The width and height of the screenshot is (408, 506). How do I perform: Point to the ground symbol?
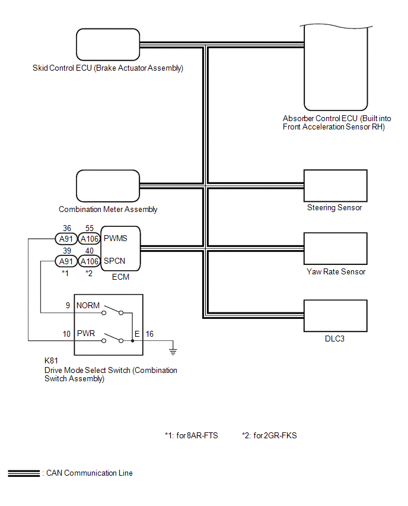pos(173,352)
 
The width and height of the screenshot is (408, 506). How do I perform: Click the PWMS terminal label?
pos(116,239)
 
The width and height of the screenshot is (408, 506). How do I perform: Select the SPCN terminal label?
pos(114,261)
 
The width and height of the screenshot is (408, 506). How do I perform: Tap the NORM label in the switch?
pos(88,305)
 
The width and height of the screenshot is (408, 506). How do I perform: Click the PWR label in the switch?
pos(86,333)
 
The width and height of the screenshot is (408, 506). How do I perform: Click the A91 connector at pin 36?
pos(66,239)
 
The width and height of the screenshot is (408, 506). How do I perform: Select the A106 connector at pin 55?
pos(90,239)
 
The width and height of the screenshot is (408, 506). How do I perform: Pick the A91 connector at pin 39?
pos(66,261)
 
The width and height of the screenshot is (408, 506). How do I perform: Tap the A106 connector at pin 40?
pos(90,261)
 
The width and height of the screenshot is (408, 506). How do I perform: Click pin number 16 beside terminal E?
pos(149,334)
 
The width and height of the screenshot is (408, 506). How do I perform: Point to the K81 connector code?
pos(51,360)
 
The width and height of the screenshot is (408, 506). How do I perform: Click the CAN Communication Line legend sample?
pos(24,473)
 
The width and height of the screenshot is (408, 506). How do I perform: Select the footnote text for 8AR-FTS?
pos(192,436)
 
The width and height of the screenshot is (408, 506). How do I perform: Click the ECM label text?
pos(120,277)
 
